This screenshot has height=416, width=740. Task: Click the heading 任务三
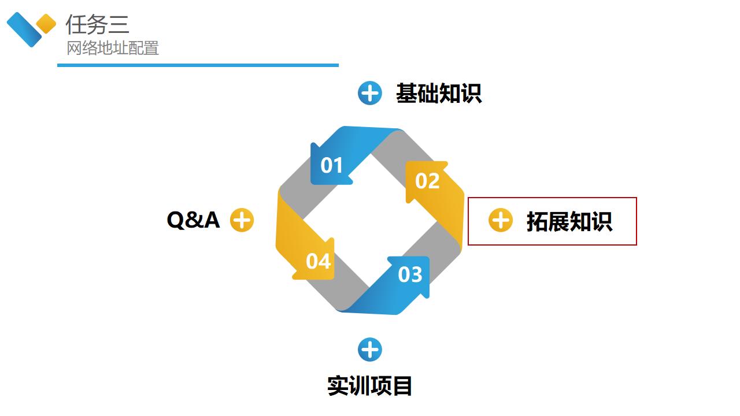click(x=97, y=24)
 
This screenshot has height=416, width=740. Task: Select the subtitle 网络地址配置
click(x=113, y=49)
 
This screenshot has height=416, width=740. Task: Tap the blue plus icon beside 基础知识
click(x=370, y=93)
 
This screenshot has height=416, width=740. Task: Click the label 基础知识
click(x=439, y=93)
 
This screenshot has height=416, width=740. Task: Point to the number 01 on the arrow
click(x=332, y=166)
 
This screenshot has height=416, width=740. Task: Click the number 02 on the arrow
click(x=428, y=181)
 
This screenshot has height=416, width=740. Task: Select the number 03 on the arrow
click(x=410, y=274)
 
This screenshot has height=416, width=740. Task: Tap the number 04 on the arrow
click(x=318, y=261)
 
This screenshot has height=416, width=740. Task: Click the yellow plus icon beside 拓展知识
click(x=501, y=220)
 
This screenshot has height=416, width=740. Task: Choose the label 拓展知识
click(x=569, y=222)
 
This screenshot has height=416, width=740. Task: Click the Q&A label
click(x=193, y=220)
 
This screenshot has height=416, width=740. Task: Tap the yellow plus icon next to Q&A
click(x=242, y=220)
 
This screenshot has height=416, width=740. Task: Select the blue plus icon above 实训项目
click(x=370, y=350)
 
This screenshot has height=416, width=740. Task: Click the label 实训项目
click(x=370, y=385)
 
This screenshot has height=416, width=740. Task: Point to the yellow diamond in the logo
click(x=46, y=24)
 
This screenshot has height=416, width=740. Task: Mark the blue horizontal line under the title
click(x=198, y=65)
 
